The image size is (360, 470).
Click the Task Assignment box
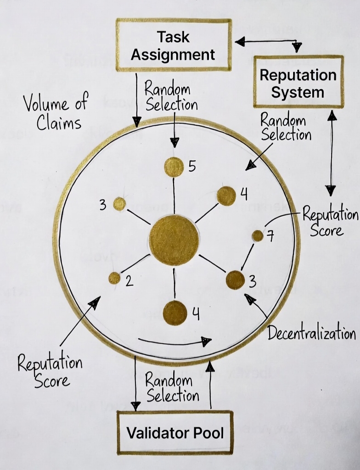pyautogui.click(x=173, y=45)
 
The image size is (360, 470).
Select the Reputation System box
pyautogui.click(x=298, y=83)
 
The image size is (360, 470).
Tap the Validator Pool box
pyautogui.click(x=175, y=432)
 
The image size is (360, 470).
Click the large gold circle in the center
pyautogui.click(x=174, y=240)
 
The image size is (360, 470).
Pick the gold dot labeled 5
pyautogui.click(x=174, y=167)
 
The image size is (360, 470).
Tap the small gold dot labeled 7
pyautogui.click(x=258, y=236)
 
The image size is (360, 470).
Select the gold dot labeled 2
pyautogui.click(x=114, y=278)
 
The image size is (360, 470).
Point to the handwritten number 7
pyautogui.click(x=270, y=237)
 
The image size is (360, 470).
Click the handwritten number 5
pyautogui.click(x=192, y=166)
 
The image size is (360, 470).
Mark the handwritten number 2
pyautogui.click(x=129, y=280)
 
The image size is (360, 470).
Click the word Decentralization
pyautogui.click(x=311, y=333)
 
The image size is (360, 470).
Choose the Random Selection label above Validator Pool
pyautogui.click(x=172, y=388)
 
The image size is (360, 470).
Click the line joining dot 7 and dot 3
pyautogui.click(x=247, y=257)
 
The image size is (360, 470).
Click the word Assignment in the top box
pyautogui.click(x=173, y=55)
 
